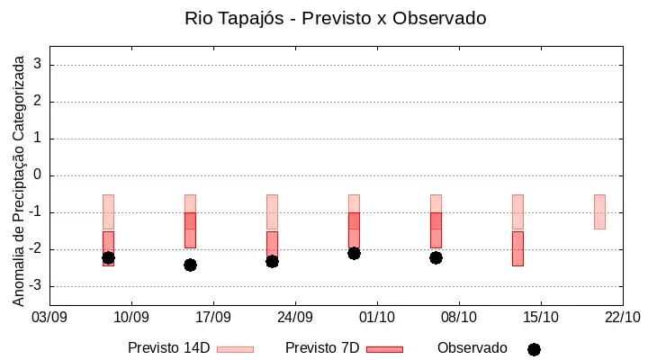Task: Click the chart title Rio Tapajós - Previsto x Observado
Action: click(335, 19)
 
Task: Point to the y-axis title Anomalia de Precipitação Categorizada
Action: click(18, 181)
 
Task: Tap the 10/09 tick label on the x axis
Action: click(131, 318)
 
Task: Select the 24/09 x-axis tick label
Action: click(295, 318)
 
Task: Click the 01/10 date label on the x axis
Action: click(377, 318)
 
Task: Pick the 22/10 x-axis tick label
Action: click(623, 318)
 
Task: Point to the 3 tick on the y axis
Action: click(38, 65)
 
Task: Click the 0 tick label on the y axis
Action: click(38, 175)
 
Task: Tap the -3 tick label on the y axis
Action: click(35, 286)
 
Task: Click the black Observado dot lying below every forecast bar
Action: click(190, 265)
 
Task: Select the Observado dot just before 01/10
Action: click(354, 254)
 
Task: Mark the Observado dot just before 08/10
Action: click(436, 258)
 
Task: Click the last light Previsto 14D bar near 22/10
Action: click(599, 211)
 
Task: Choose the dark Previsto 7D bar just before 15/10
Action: click(517, 248)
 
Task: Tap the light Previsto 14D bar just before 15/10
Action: click(517, 211)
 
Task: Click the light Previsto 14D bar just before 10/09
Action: click(108, 211)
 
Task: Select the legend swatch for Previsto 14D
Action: click(235, 350)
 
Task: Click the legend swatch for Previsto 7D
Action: click(385, 350)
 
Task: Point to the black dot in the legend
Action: click(534, 350)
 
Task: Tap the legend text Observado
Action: click(472, 348)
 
